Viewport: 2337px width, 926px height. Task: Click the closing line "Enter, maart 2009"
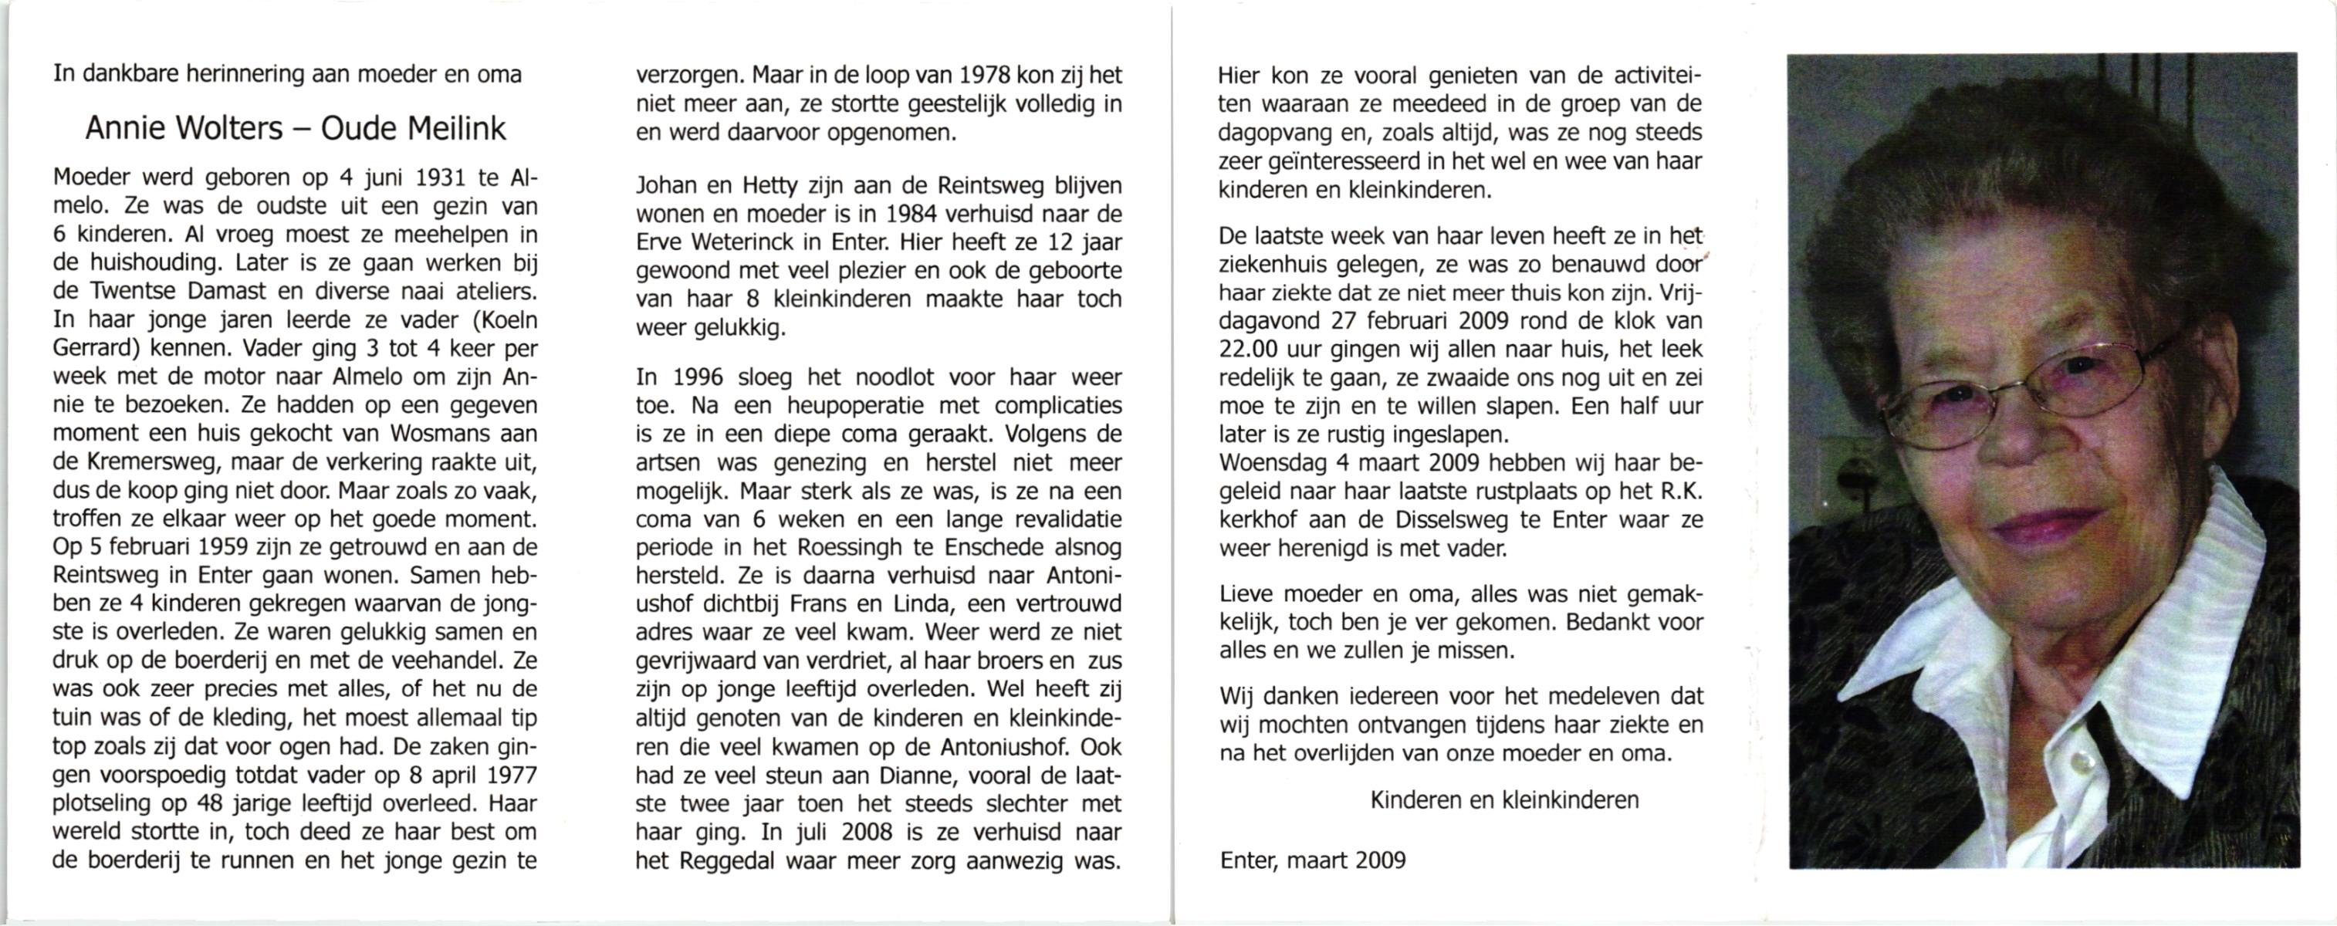pos(1313,860)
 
